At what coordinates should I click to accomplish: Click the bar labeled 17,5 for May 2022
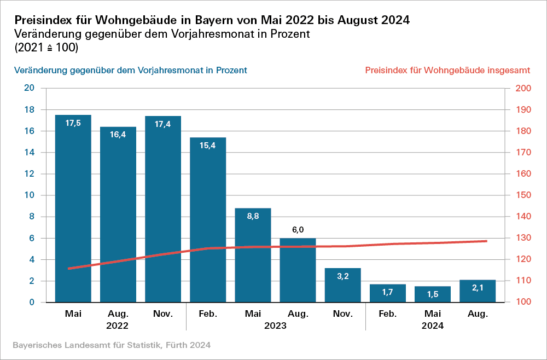pos(73,208)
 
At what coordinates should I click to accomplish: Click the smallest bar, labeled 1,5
pos(432,294)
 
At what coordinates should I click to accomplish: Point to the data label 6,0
pos(298,229)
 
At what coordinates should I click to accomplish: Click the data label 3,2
pos(343,277)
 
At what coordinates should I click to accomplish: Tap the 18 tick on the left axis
pos(30,109)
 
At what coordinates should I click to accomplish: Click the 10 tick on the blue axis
pos(30,195)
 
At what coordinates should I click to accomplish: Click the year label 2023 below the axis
pos(275,326)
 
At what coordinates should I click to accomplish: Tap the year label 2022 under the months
pos(118,326)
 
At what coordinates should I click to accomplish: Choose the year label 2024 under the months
pos(432,326)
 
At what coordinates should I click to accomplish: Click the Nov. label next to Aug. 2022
pos(163,314)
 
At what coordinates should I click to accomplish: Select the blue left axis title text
pos(131,71)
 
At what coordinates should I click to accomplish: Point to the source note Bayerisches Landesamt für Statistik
pos(111,345)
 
